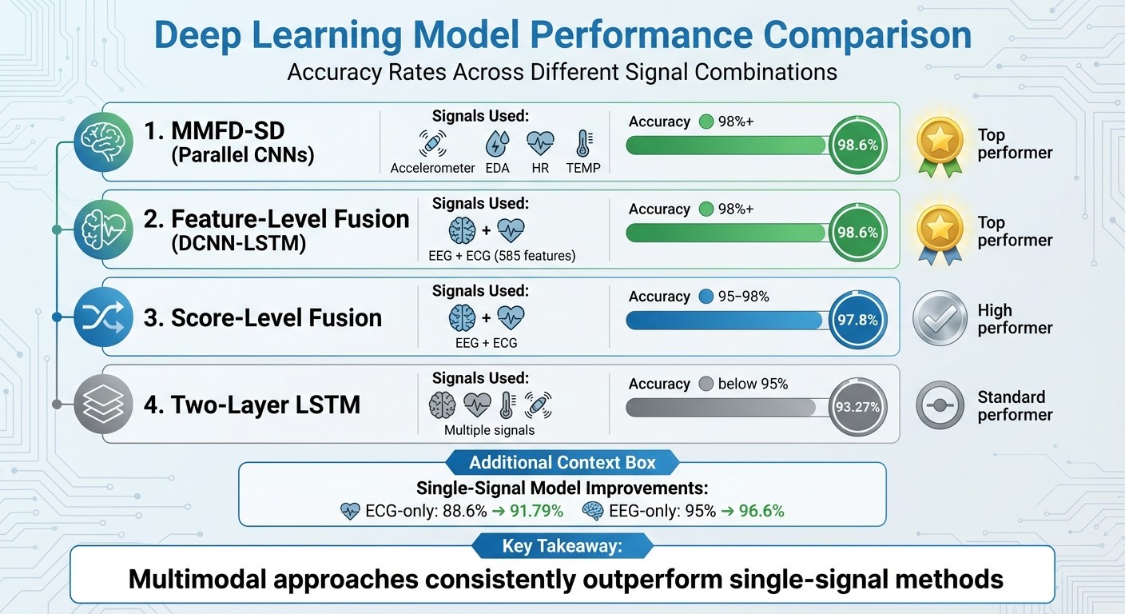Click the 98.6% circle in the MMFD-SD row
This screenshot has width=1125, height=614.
tap(857, 146)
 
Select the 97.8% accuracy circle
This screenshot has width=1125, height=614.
tap(857, 320)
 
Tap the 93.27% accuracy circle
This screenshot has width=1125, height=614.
tap(857, 407)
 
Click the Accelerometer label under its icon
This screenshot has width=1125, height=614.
tap(432, 168)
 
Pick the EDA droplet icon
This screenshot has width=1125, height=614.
tap(497, 144)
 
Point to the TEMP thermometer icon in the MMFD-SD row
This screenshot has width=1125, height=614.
tap(583, 144)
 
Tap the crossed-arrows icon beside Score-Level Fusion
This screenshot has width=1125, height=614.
tap(102, 317)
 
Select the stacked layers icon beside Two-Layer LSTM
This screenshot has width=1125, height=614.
tap(102, 404)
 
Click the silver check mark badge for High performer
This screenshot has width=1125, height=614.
tap(940, 319)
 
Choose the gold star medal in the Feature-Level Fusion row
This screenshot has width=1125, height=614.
tap(940, 231)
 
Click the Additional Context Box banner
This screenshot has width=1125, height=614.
tap(562, 462)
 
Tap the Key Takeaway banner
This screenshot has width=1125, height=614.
tap(562, 546)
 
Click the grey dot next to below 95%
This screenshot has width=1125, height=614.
tap(705, 384)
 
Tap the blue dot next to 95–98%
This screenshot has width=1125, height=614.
tap(705, 297)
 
